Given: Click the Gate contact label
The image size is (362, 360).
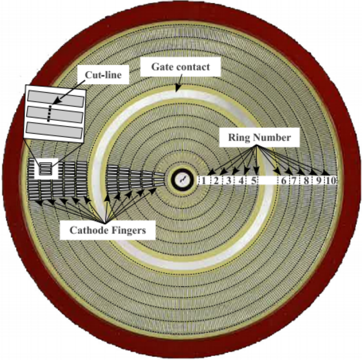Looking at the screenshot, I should pos(180,66).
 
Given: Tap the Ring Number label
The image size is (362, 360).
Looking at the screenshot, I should pos(259,137).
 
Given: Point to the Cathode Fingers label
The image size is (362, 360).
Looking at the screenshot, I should pos(107,230).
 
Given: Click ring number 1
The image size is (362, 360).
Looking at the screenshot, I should pos(204,180).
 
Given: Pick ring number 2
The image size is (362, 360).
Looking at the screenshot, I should pos(216,180).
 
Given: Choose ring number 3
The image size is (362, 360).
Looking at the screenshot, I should pos(228,180).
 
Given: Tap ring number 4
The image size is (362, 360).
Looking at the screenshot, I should pos(241,180).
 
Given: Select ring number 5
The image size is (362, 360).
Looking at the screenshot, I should pos(253,180).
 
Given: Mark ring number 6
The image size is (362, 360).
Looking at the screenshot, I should pos(284,180).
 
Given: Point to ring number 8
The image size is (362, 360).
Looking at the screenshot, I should pos(306,180).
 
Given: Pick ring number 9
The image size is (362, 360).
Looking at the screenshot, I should pos(319,180).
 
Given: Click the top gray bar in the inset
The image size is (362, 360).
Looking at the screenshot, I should pos(56,99).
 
